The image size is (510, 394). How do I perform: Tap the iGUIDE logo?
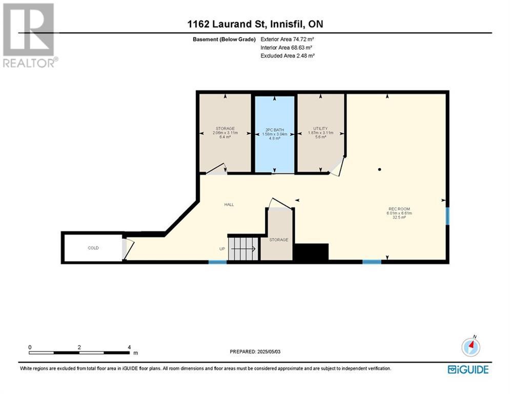(x=468, y=369)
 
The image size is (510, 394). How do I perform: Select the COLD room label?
(x=93, y=248)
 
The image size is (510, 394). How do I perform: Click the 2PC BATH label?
(x=275, y=130)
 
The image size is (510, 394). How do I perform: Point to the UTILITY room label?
(x=320, y=129)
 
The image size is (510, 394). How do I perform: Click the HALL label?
(x=229, y=205)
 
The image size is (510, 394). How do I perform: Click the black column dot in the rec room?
(x=379, y=169)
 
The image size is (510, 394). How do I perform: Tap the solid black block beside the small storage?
(x=311, y=252)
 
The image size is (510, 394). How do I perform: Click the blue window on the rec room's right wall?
(x=447, y=216)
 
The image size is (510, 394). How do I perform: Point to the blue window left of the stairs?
(x=218, y=262)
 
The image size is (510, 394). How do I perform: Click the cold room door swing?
(x=128, y=250)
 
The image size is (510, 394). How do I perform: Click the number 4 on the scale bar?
(x=129, y=347)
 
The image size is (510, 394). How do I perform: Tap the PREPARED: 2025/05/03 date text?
(x=255, y=351)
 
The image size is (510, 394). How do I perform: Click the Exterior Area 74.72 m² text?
(x=287, y=40)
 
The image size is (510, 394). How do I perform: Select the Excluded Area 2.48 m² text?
(x=288, y=56)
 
